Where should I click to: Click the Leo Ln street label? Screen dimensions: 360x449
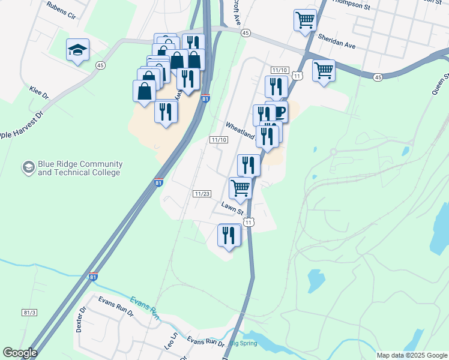click(172, 342)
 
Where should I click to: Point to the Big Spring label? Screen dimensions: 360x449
click(243, 343)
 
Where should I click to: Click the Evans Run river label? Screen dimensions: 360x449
click(144, 308)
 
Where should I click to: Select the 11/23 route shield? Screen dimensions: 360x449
click(202, 194)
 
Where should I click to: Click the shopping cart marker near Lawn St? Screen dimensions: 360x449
click(241, 187)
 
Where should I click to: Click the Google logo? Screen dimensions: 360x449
click(20, 353)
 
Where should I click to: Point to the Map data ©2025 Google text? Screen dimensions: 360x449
click(411, 355)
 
